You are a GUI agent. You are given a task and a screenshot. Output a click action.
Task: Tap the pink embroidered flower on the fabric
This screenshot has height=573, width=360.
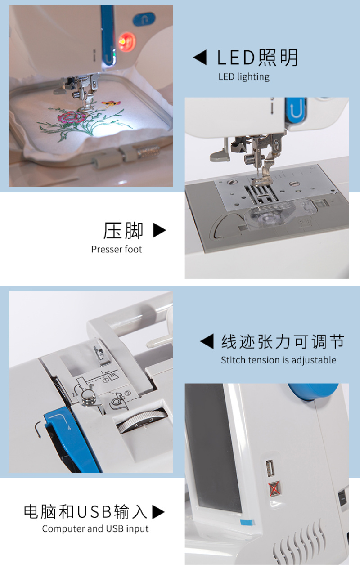(x=72, y=117)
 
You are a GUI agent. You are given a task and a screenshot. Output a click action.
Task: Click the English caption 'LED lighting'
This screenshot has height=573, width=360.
(x=244, y=77)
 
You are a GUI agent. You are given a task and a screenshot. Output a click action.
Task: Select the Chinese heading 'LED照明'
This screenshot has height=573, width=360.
(x=257, y=58)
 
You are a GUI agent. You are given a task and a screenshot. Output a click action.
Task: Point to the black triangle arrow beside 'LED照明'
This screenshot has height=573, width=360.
(x=200, y=57)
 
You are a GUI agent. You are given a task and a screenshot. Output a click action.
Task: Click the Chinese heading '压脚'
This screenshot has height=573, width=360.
(x=123, y=230)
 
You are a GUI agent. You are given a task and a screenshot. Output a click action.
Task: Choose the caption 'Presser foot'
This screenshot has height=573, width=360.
(x=117, y=249)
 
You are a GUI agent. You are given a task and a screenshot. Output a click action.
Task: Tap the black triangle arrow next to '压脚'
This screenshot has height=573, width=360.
(x=159, y=230)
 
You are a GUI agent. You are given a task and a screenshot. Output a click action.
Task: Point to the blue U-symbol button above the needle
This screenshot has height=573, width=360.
(x=296, y=110)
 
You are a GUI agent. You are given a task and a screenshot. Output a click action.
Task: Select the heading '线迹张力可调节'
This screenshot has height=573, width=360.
(x=283, y=341)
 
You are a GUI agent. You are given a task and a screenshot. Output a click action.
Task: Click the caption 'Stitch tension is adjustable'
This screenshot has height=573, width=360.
(x=279, y=360)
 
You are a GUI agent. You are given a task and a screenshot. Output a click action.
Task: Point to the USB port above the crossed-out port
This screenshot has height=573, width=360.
(x=270, y=468)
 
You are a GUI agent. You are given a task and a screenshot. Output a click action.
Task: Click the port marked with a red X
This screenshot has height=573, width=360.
(x=275, y=489)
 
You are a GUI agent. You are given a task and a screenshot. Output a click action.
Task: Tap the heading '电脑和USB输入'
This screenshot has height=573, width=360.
(x=85, y=512)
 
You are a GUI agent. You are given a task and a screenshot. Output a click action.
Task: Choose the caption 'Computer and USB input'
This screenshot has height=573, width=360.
(x=95, y=529)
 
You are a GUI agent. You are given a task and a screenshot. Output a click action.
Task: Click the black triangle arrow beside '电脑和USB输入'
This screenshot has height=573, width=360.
(x=158, y=512)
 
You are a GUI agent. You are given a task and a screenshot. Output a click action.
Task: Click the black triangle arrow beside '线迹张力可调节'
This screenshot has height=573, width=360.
(x=207, y=341)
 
